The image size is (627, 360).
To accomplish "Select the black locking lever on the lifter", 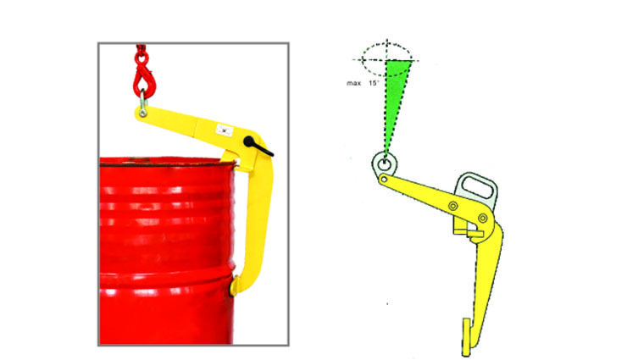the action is pos(257,147).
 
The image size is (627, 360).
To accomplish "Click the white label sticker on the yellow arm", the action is pos(225,130).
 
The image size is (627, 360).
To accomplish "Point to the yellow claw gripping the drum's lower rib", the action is pos(235,285).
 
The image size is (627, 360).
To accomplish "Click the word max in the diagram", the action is pos(353,83).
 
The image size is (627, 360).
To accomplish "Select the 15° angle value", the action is pos(374,83).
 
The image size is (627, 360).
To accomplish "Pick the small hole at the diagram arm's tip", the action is pos(384,180).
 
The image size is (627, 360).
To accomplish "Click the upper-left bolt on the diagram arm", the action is pos(452,206).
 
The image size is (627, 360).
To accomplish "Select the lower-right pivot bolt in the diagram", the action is pos(483,219).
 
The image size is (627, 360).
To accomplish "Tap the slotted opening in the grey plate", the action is pos(477,188).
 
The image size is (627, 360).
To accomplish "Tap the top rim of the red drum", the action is pos(167,161).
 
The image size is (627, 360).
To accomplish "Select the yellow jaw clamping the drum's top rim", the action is pos(236,160).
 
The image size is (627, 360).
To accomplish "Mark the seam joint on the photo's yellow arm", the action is pos(196,127).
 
